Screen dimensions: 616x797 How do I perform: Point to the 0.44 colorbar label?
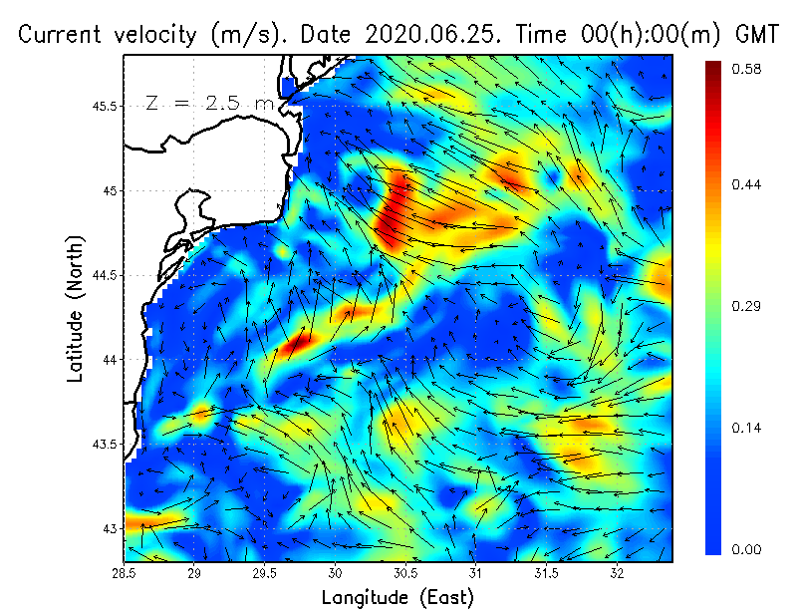point(747,184)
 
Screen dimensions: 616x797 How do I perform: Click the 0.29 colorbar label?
point(747,306)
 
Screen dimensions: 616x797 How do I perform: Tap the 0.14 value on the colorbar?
point(747,428)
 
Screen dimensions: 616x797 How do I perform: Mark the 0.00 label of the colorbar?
point(747,549)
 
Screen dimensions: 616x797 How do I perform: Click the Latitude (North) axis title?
point(76,308)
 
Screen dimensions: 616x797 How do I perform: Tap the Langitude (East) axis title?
point(398,598)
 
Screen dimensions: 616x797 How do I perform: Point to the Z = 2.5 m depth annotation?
point(209,102)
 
